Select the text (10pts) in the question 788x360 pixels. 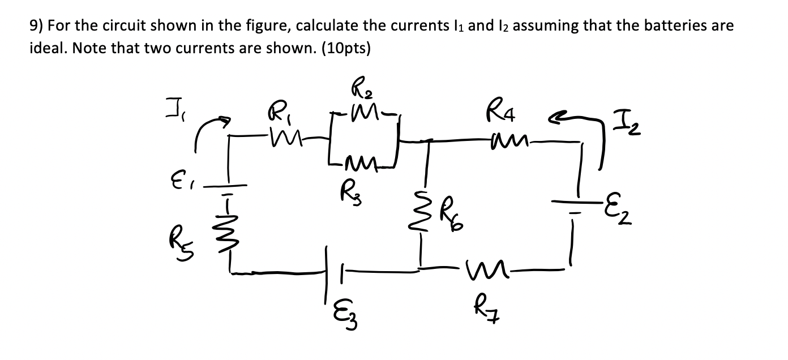tap(346, 48)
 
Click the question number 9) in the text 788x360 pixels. tap(36, 26)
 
